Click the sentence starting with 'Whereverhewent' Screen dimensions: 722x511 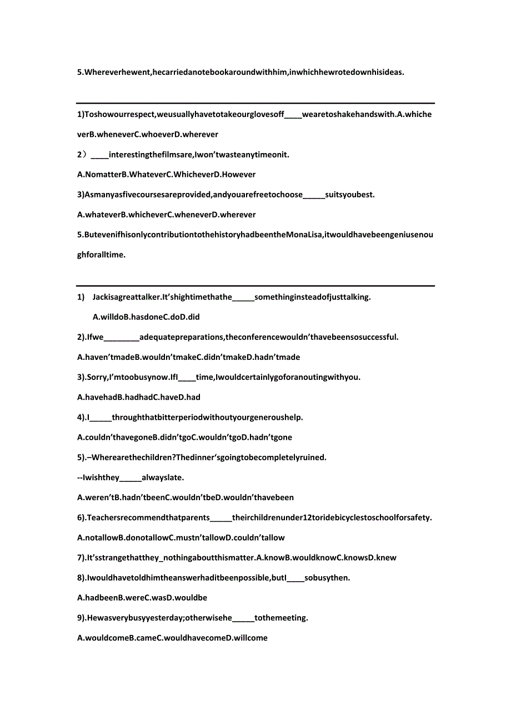(241, 72)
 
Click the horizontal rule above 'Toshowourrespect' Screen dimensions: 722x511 (255, 103)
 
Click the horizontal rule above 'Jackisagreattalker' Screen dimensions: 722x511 (255, 286)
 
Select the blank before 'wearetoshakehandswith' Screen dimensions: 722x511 (293, 115)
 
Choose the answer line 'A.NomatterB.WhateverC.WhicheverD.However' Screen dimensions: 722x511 (167, 175)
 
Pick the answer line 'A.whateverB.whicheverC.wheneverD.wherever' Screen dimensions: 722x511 (167, 215)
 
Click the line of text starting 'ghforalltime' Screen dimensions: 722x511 (101, 255)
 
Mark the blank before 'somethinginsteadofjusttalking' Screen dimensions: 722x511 (243, 298)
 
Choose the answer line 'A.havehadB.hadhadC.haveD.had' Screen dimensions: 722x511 (139, 397)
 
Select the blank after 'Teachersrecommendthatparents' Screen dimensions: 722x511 (222, 518)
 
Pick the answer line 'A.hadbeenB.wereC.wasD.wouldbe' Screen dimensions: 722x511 (142, 598)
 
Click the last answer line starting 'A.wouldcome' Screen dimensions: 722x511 (172, 638)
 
